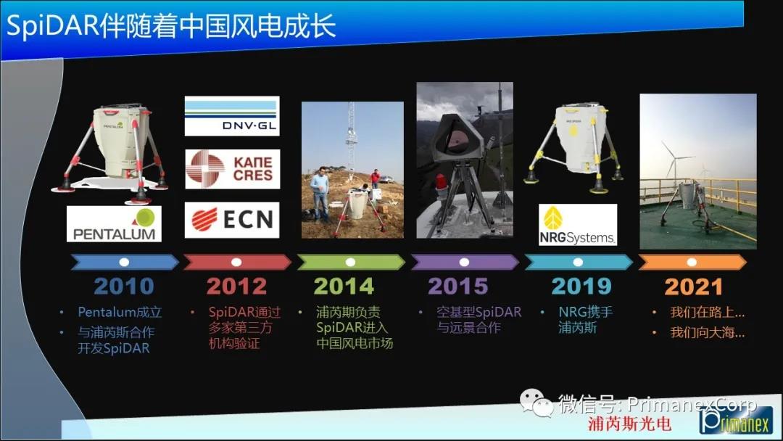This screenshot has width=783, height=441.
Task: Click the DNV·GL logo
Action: point(232,116)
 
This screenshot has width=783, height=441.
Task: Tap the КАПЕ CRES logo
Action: point(232,169)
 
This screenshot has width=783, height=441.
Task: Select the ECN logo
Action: point(232,220)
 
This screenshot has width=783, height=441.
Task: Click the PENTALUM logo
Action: point(114,223)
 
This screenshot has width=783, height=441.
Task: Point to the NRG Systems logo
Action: point(578,225)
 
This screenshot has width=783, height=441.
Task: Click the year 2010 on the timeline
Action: point(124,287)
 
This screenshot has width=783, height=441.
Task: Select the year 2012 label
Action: point(236,287)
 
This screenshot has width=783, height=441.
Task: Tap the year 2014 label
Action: point(344,287)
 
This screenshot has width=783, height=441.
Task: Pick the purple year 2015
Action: point(458,287)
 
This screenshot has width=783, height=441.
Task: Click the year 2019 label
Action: point(581,287)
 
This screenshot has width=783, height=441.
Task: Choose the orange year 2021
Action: point(693,287)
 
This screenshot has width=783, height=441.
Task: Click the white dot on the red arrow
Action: point(236,262)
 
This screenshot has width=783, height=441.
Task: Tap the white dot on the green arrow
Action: point(351,262)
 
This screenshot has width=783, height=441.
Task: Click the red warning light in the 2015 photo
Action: point(441,184)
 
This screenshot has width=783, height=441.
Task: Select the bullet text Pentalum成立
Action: point(120,312)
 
